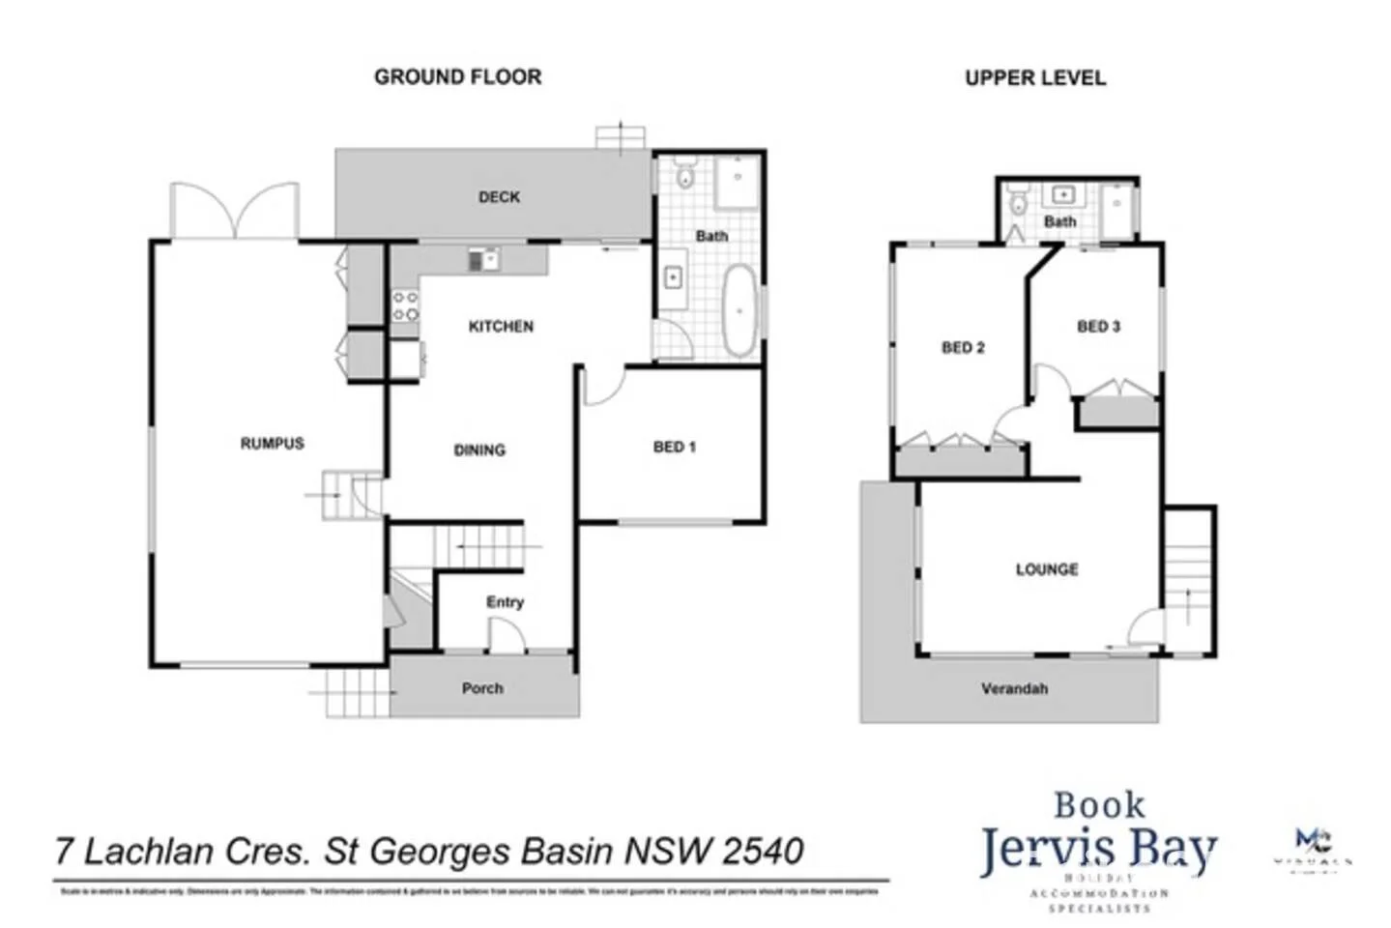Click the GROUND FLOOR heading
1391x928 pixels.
(x=457, y=77)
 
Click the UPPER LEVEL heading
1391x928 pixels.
(x=1034, y=78)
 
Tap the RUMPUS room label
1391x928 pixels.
(x=272, y=444)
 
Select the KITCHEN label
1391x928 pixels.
(x=501, y=327)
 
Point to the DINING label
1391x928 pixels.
(x=479, y=450)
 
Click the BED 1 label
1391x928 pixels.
(x=674, y=448)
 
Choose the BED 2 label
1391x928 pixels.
(x=963, y=348)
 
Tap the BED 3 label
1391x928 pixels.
(x=1098, y=327)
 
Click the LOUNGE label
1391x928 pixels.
(x=1046, y=570)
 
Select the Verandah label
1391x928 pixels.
(x=1014, y=689)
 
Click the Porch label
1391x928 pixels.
(x=482, y=689)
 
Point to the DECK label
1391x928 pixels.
(x=499, y=197)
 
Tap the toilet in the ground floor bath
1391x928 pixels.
(x=685, y=177)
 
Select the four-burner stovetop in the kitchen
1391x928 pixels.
(x=405, y=307)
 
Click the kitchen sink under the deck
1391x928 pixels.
(x=482, y=260)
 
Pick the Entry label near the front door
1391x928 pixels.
(x=505, y=602)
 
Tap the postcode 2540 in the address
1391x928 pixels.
(x=763, y=852)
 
